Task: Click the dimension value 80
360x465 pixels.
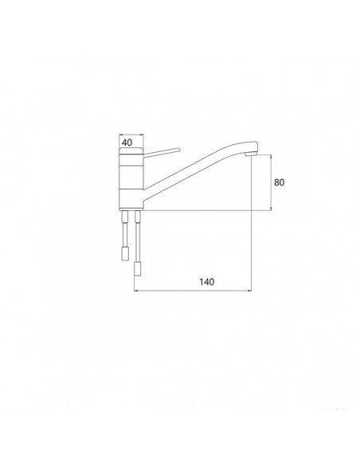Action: coord(280,182)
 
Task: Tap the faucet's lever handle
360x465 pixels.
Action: coord(163,150)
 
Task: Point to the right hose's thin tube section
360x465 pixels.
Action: coord(138,231)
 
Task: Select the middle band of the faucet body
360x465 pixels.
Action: coord(131,171)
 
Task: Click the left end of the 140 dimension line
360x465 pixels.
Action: coord(134,290)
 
